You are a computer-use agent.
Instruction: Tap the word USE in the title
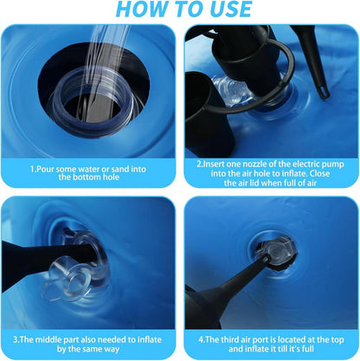point(228,9)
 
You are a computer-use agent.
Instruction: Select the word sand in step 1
point(121,169)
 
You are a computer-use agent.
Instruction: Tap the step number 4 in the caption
point(201,339)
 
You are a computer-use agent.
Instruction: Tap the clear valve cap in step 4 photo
point(276,251)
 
